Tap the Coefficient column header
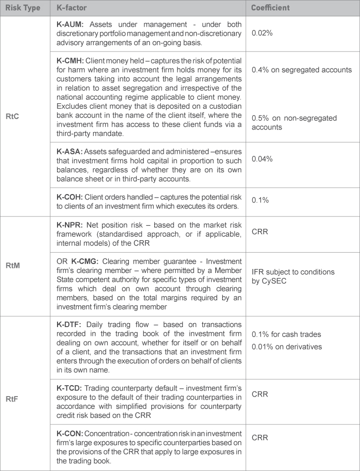click(x=270, y=8)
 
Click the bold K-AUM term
click(x=72, y=24)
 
